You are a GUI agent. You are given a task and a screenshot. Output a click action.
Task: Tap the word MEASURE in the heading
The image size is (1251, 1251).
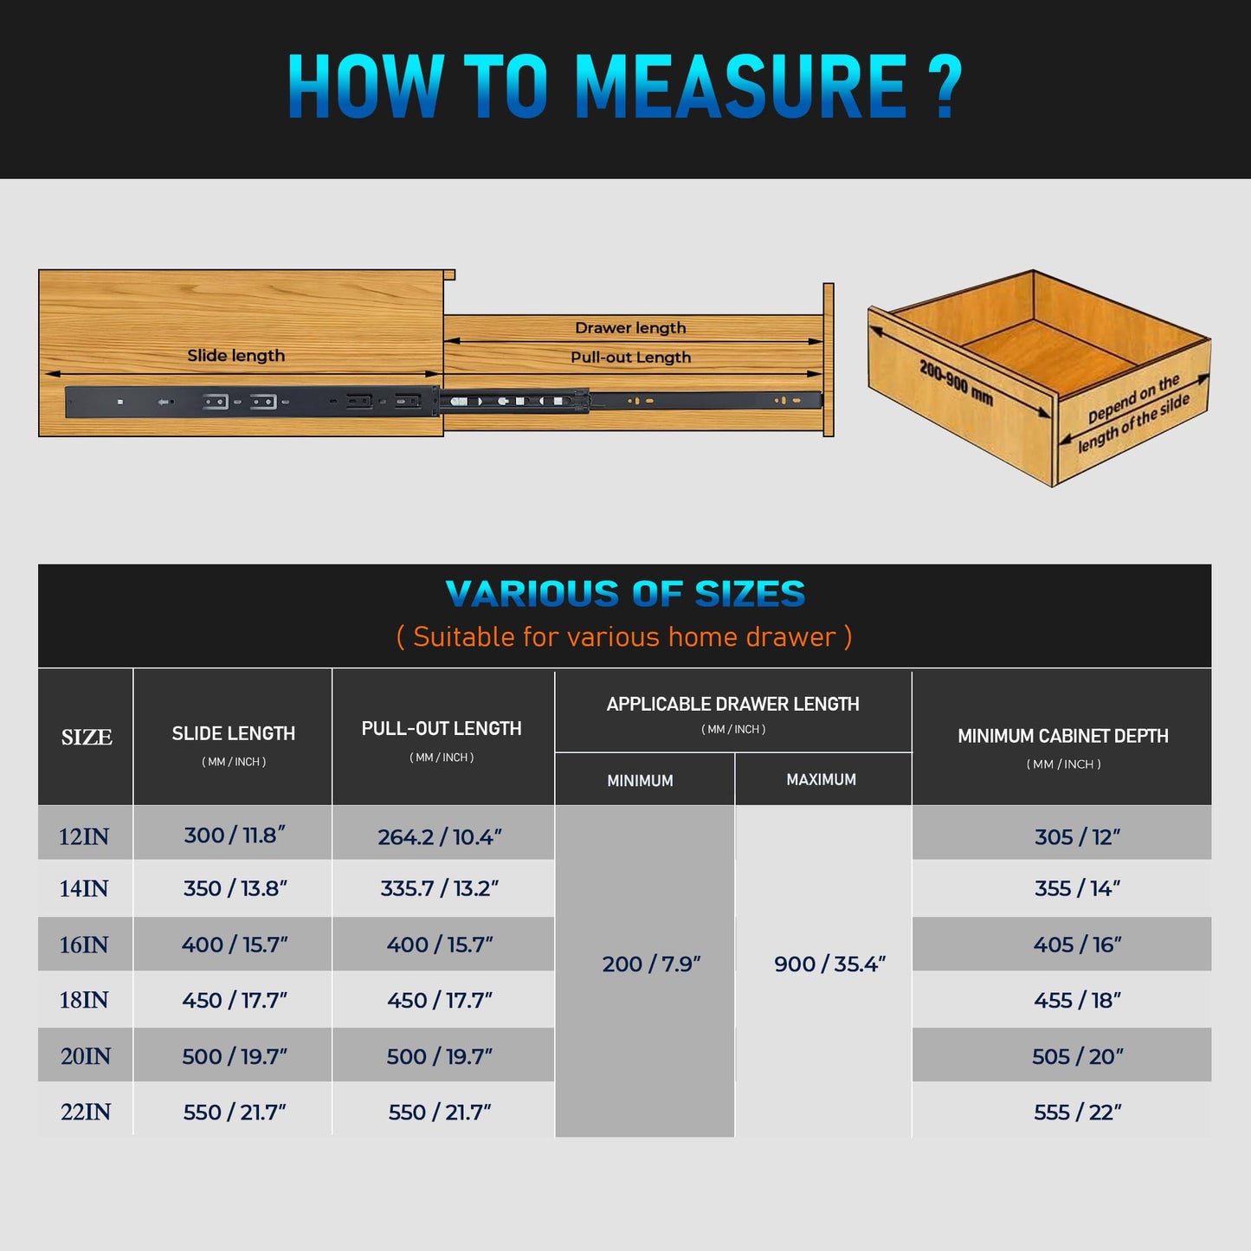click(741, 87)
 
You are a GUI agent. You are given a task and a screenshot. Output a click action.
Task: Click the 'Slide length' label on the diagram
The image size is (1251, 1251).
click(235, 356)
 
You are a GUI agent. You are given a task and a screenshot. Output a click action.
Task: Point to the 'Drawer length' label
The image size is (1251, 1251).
click(630, 328)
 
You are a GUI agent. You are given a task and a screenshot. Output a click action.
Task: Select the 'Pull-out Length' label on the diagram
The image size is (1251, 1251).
click(630, 357)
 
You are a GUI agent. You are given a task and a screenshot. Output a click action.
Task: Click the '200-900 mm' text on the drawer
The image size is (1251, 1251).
click(957, 383)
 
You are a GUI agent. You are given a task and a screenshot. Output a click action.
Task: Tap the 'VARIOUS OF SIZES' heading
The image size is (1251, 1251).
click(625, 594)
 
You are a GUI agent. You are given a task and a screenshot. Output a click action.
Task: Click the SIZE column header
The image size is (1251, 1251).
click(87, 737)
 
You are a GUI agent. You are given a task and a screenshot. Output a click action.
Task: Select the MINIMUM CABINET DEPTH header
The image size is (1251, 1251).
click(1063, 736)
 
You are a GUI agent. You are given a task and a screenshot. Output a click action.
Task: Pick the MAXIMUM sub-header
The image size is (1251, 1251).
click(822, 779)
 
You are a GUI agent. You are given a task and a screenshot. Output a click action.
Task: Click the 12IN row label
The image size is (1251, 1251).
click(84, 837)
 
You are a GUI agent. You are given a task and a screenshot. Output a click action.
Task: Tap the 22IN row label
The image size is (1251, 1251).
click(85, 1112)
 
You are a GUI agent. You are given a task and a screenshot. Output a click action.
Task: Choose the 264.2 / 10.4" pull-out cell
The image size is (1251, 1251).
click(440, 837)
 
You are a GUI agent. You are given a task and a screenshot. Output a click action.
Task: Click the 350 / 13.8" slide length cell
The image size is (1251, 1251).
click(235, 888)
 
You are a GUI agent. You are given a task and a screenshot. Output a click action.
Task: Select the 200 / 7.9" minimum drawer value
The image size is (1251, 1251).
click(651, 964)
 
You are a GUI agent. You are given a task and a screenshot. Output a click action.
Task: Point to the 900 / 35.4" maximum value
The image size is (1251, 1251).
click(829, 964)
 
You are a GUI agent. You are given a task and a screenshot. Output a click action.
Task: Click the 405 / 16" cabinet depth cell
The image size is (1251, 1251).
click(1078, 945)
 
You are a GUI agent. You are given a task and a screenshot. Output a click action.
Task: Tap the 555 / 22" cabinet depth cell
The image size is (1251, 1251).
click(1078, 1112)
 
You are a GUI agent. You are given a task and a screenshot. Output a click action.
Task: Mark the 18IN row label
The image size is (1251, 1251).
click(84, 1000)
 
